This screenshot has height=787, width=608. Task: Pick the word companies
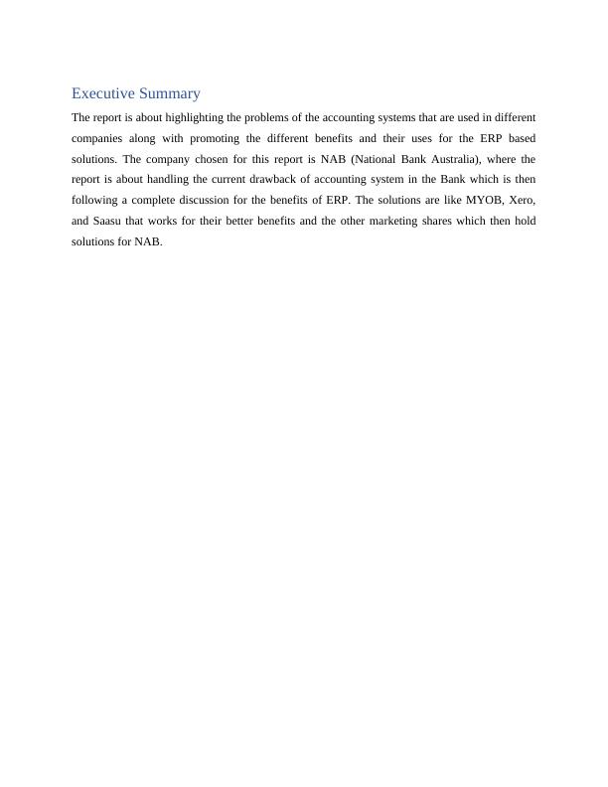pyautogui.click(x=97, y=137)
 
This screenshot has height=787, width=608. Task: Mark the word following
pyautogui.click(x=95, y=201)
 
